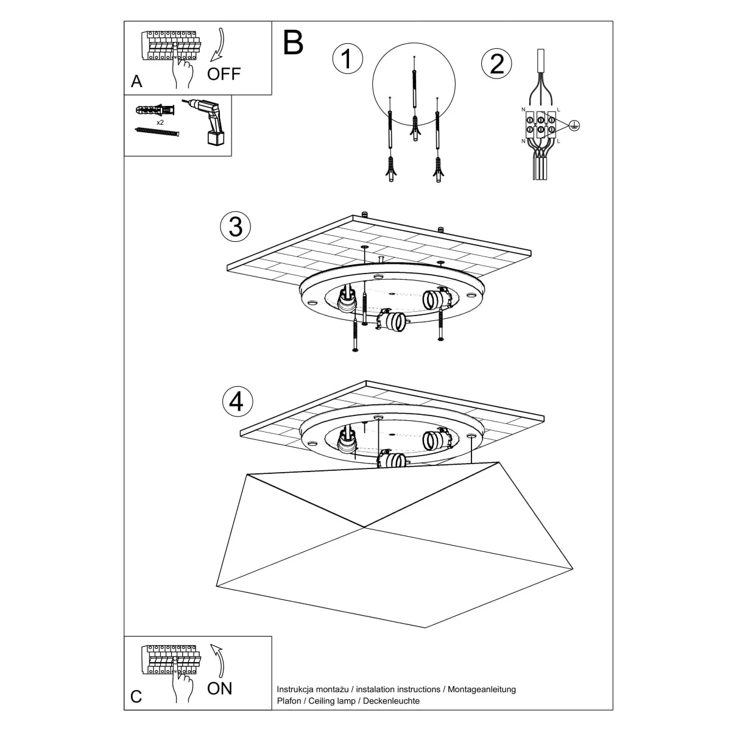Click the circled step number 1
[347, 59]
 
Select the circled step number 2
[496, 63]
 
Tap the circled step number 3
[235, 227]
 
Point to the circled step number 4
[236, 401]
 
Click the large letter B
[293, 43]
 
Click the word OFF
[224, 74]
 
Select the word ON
[219, 688]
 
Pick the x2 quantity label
[160, 122]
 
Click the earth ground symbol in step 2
[574, 125]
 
